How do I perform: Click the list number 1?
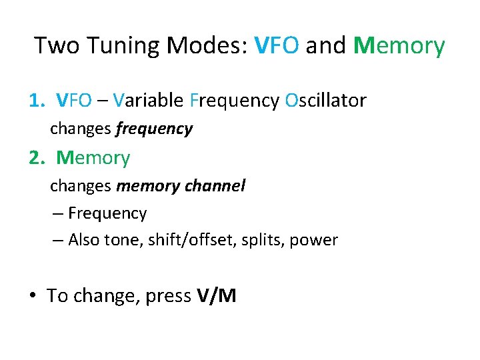point(35,101)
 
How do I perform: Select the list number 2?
point(35,158)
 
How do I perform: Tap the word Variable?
point(148,101)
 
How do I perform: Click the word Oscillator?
point(325,101)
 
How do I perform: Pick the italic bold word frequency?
point(154,129)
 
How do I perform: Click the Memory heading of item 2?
point(93,158)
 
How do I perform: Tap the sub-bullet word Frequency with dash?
point(107,213)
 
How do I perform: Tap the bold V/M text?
point(217,295)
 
